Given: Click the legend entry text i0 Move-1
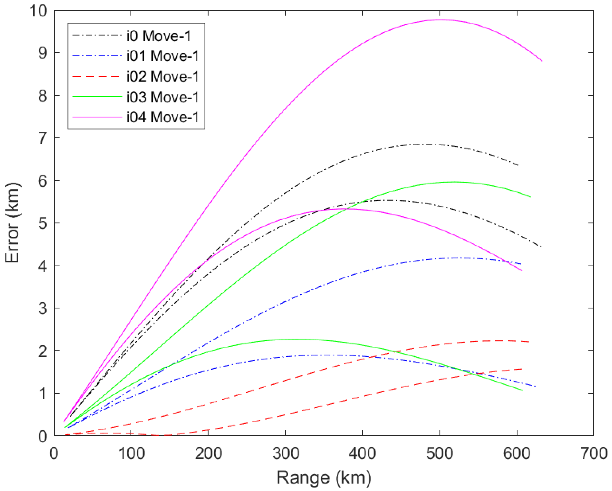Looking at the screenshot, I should (159, 36).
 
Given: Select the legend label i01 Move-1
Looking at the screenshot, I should (163, 56).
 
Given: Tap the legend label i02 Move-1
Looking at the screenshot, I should (163, 77).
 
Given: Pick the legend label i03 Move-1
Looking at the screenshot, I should (163, 97).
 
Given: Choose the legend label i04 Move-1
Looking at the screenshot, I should (163, 117).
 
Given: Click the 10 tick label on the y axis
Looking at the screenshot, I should (38, 11).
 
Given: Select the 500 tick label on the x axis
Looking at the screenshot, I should (440, 453).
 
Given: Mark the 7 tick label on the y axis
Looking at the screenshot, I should (43, 139).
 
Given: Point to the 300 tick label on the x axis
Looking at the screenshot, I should (286, 453).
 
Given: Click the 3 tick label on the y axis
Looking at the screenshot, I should (43, 308).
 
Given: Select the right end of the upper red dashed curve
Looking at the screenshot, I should (528, 342).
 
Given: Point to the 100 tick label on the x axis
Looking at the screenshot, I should (131, 453).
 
